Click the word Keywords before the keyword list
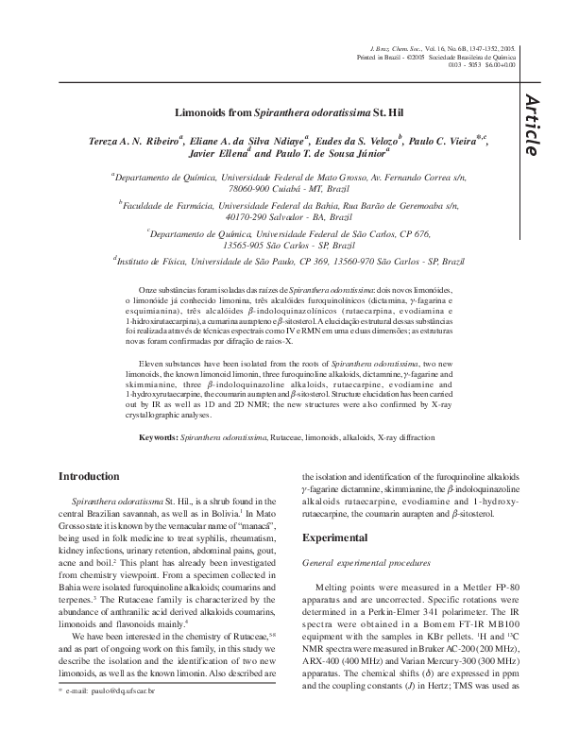click(158, 439)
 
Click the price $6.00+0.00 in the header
click(496, 64)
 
